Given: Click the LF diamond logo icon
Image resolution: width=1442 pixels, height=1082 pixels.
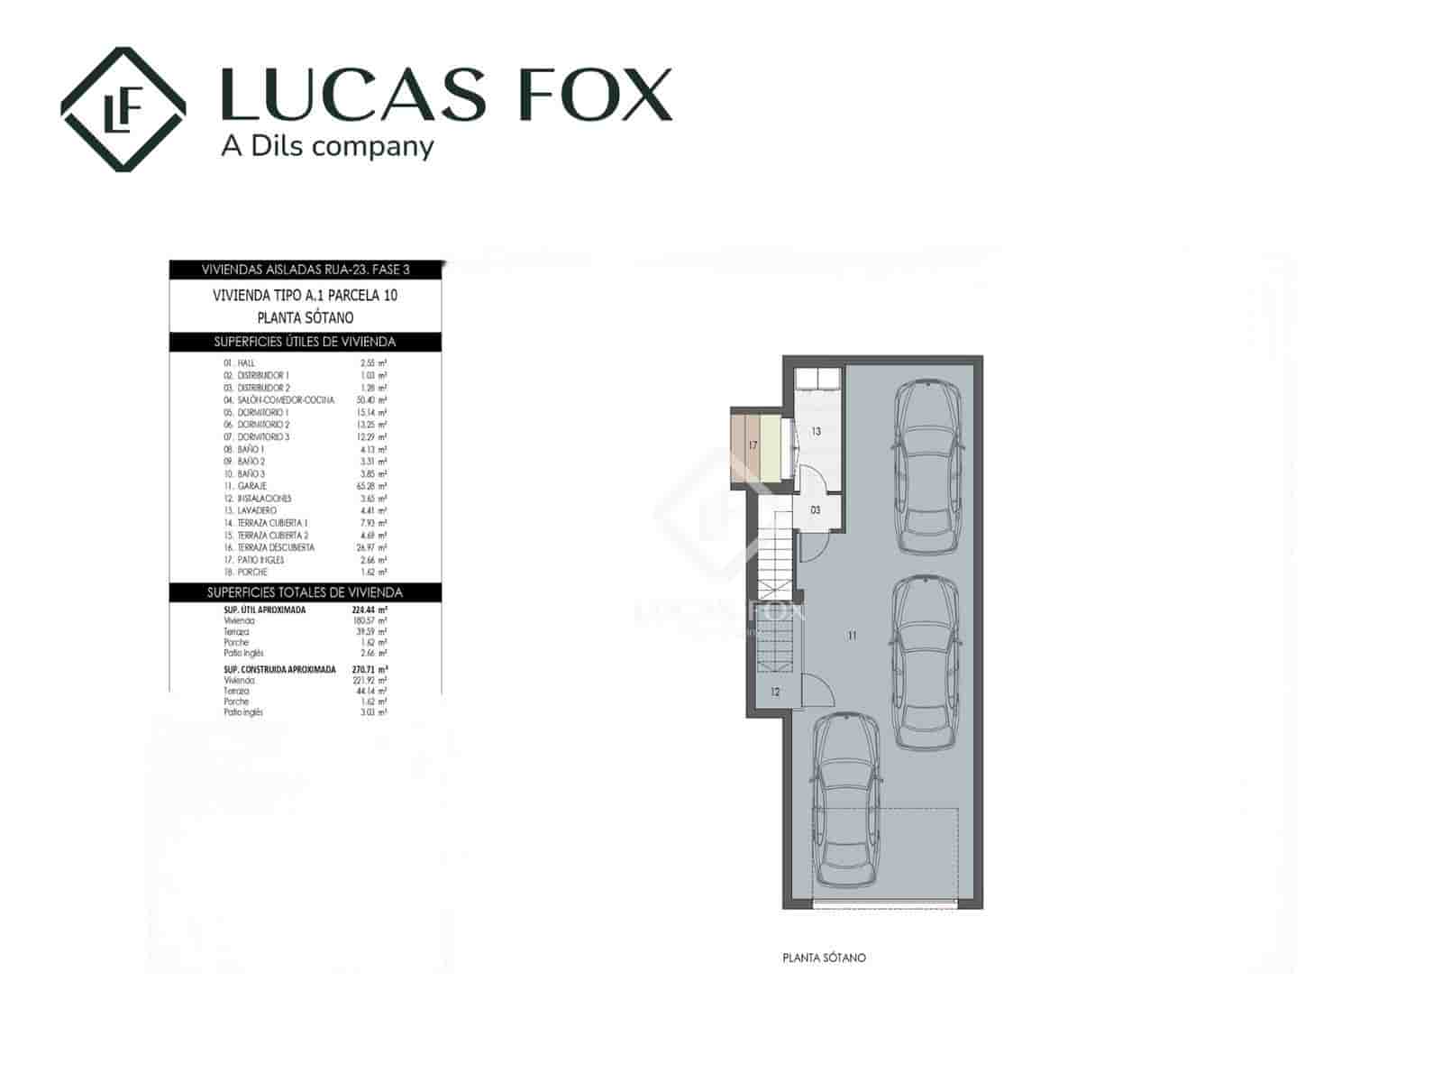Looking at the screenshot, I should (123, 109).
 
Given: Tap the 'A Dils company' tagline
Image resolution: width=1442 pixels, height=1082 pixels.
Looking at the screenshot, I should (327, 146).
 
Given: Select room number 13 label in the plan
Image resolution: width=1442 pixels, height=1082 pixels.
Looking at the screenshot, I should (816, 432).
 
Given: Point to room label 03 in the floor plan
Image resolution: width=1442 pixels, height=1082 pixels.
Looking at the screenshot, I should (816, 510).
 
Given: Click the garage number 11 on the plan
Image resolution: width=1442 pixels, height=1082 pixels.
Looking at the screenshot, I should (853, 636).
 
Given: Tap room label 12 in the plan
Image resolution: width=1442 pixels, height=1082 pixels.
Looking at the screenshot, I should (775, 692).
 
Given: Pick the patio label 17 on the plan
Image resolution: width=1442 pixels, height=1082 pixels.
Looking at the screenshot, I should (753, 445).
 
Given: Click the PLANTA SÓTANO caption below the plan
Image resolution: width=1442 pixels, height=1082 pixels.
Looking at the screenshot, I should (824, 958).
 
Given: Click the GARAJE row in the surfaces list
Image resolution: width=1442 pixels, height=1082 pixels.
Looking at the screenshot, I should (251, 486).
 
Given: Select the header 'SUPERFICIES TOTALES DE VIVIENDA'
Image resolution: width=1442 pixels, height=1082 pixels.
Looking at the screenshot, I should (305, 592).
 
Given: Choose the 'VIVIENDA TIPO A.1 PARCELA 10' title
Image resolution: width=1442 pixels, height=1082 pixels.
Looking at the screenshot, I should (305, 295).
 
